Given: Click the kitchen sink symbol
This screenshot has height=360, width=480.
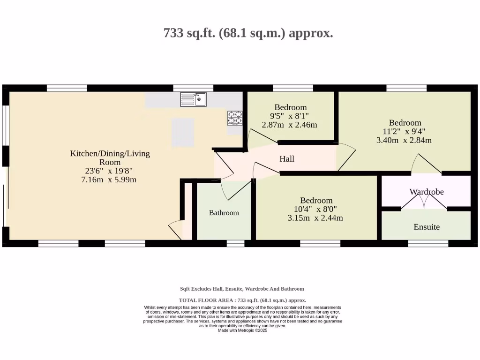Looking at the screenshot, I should coord(193,99).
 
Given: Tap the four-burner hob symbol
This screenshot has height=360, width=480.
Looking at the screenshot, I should coord(235,118).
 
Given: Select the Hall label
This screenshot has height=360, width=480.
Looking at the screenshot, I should coord(287,159).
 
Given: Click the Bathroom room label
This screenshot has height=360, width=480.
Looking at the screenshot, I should coord(224,213).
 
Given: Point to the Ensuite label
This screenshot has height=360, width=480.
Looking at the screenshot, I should coord(427,227).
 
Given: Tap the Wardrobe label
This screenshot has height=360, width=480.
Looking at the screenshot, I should coord(427,192).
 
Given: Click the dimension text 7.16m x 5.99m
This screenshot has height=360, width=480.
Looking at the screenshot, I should coord(109,179).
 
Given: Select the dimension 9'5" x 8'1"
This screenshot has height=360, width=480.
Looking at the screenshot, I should coord(290,116).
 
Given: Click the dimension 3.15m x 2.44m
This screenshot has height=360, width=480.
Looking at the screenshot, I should coord(315,217).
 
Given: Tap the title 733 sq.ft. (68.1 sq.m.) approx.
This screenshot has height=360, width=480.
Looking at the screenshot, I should coord(248,33).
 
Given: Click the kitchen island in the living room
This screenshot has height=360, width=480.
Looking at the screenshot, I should coord(182,132).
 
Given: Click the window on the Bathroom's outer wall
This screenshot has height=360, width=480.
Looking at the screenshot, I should coord(235,243).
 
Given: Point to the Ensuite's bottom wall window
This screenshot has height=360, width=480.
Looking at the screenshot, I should coord(428,243).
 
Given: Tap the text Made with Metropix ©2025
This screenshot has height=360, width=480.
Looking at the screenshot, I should coord(242,330).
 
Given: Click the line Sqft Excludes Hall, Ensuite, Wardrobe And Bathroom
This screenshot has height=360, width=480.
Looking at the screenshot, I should coord(242,289).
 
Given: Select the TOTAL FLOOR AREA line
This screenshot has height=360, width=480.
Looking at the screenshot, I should coord(242,300).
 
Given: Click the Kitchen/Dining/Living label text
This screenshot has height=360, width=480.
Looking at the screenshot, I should coord(110,153).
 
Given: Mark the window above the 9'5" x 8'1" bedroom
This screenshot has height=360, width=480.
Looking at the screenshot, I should coord(293,88).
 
